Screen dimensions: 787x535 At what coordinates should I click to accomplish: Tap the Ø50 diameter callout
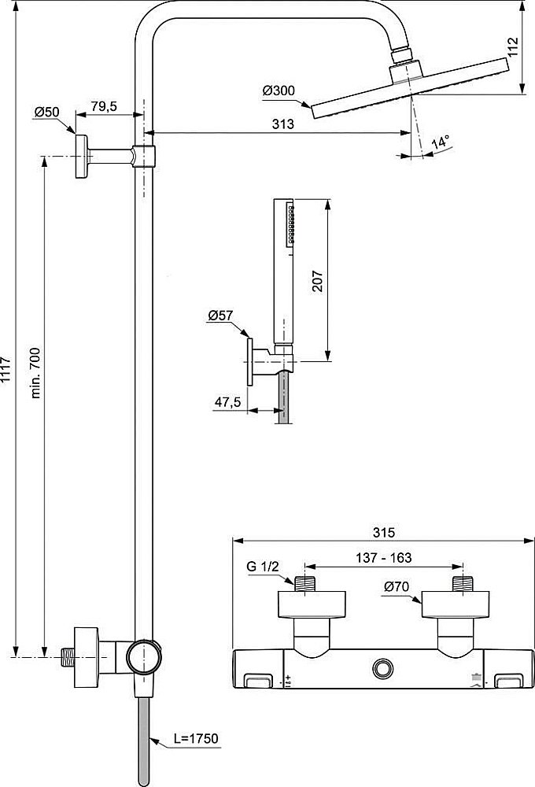pyautogui.click(x=47, y=113)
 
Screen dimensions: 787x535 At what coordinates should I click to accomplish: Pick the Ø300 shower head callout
pyautogui.click(x=279, y=91)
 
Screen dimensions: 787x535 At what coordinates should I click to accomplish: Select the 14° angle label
pyautogui.click(x=441, y=142)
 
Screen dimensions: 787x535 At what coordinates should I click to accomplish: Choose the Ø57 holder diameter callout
pyautogui.click(x=221, y=316)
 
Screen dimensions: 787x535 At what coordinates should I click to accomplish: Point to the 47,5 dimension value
pyautogui.click(x=227, y=401)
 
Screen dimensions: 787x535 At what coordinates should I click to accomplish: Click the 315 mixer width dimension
pyautogui.click(x=384, y=532)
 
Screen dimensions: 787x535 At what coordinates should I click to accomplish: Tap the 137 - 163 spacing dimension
pyautogui.click(x=382, y=558)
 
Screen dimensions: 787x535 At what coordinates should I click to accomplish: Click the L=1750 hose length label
pyautogui.click(x=197, y=739)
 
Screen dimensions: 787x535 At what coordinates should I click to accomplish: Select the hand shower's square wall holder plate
pyautogui.click(x=250, y=361)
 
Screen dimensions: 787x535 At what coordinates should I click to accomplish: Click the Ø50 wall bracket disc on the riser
pyautogui.click(x=81, y=157)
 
